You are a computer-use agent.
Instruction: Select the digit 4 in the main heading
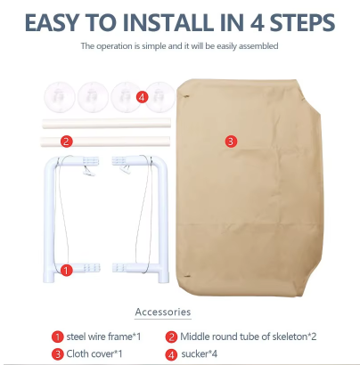257,22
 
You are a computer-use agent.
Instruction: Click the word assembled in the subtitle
258,46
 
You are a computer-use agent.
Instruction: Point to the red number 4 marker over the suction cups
142,97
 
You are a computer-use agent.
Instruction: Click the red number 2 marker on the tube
66,141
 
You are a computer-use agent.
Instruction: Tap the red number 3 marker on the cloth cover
231,142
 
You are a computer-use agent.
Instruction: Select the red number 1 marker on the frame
66,271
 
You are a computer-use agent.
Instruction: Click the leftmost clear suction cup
60,97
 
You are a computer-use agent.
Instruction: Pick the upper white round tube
106,123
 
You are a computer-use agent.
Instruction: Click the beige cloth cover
249,187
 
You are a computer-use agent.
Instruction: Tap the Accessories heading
163,312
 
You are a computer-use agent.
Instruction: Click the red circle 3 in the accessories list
58,354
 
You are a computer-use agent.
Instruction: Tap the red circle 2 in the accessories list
171,337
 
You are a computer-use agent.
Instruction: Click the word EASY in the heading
53,22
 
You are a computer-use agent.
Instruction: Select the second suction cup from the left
94,97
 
